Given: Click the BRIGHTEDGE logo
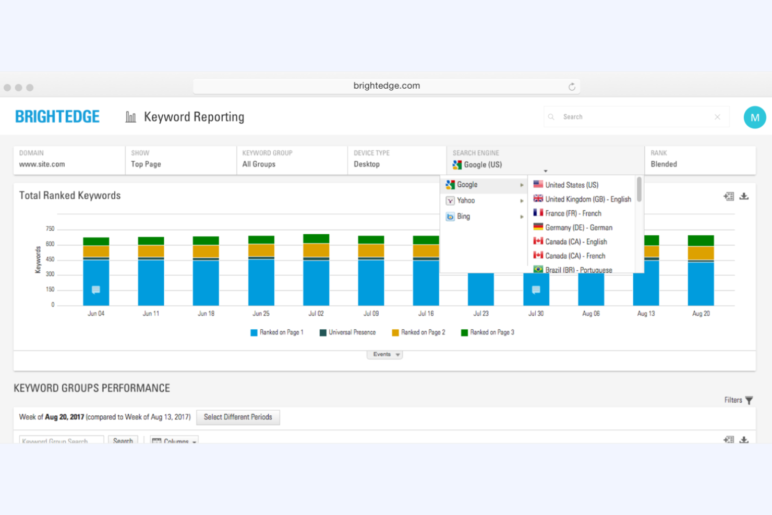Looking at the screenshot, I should click(x=57, y=116).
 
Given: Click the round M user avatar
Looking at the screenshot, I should click(x=754, y=117).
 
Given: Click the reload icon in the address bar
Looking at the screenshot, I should click(x=572, y=87).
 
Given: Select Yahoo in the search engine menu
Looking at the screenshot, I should click(x=465, y=201).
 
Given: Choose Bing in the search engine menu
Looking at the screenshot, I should click(x=463, y=217).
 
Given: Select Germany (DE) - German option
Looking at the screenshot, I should click(x=578, y=227).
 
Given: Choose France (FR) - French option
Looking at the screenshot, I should click(x=573, y=213).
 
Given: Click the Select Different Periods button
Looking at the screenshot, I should click(x=238, y=417).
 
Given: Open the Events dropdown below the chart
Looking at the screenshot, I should click(x=385, y=354).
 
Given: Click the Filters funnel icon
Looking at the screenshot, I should click(x=749, y=400).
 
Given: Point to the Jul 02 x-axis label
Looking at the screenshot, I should click(x=316, y=314).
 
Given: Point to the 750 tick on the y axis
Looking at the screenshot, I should click(x=50, y=229).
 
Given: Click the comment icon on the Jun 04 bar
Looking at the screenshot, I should click(x=96, y=290).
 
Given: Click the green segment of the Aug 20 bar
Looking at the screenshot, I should click(x=701, y=241).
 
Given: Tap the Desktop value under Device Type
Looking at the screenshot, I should click(x=367, y=164).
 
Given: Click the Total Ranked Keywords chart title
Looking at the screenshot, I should click(x=70, y=196).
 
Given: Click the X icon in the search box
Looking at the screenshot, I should click(x=717, y=117).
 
